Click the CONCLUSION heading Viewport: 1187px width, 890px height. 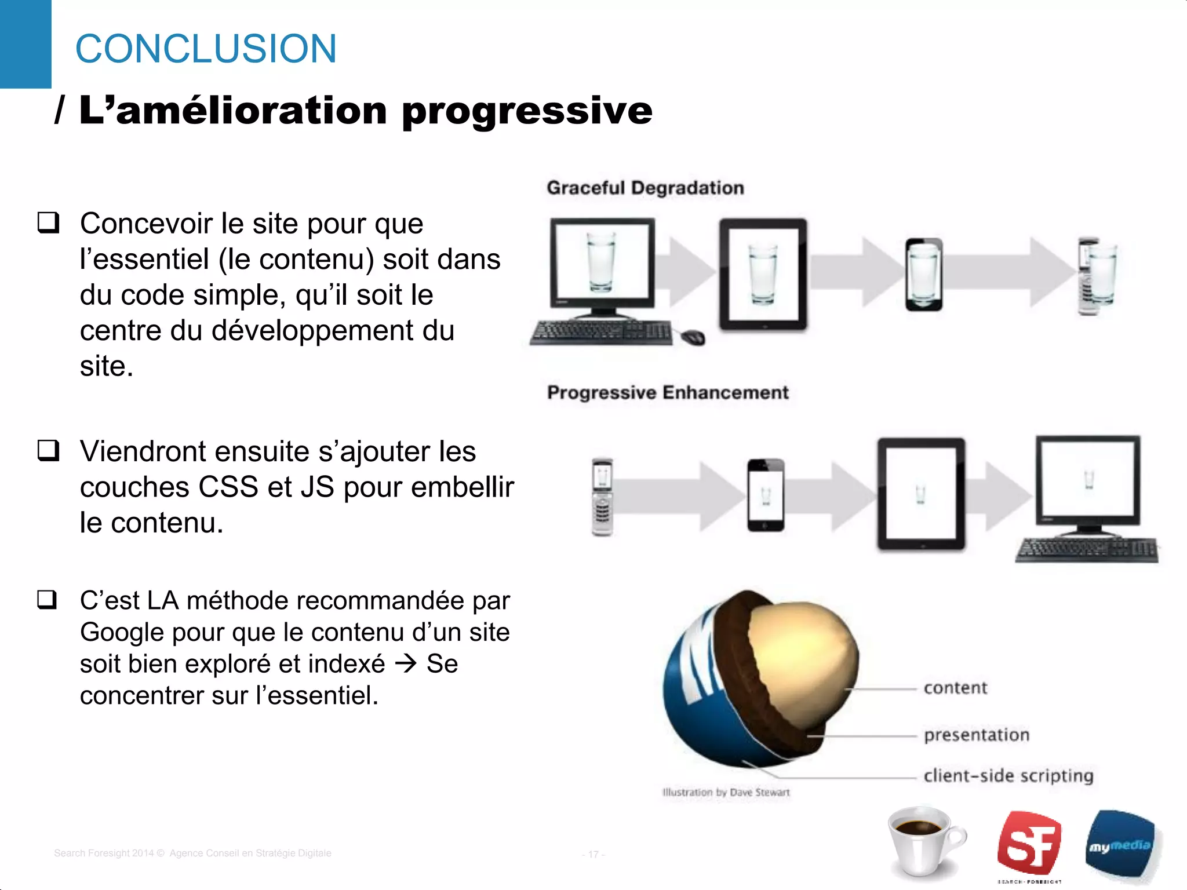(x=206, y=49)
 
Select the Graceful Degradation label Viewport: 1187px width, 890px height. (x=645, y=188)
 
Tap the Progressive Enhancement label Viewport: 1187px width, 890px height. (x=668, y=392)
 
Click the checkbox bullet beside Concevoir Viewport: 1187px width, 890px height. (x=49, y=223)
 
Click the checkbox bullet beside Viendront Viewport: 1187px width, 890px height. (x=49, y=451)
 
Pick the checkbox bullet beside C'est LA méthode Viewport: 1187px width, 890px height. (x=48, y=600)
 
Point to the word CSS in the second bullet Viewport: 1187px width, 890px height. (x=228, y=487)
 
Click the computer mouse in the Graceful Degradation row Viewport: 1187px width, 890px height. (x=693, y=337)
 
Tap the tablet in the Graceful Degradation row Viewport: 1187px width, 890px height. (x=763, y=274)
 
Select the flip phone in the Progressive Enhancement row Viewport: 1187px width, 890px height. (x=602, y=497)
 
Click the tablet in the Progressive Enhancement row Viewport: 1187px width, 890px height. (x=921, y=494)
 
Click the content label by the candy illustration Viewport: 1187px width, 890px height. (x=955, y=688)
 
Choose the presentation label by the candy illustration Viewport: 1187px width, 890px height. (x=977, y=735)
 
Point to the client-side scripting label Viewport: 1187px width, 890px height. (x=1008, y=775)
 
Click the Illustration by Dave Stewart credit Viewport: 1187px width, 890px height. (x=726, y=792)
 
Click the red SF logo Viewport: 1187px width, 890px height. (x=1029, y=843)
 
